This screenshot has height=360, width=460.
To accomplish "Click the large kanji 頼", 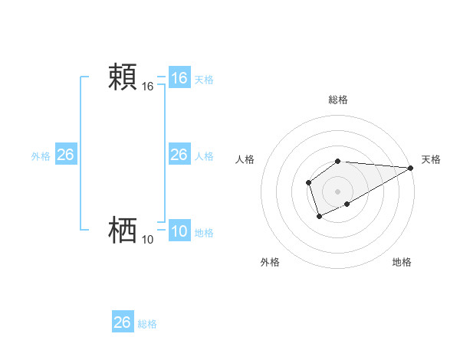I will point(123,78).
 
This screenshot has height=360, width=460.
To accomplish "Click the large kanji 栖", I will point(123,230).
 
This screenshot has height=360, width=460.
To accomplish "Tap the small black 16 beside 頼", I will point(148,87).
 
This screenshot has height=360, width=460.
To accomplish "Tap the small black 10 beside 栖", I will point(148,240).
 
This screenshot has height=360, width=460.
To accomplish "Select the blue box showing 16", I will point(179,78).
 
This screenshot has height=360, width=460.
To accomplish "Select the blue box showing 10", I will point(179,232).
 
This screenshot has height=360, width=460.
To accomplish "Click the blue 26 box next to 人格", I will point(179,155).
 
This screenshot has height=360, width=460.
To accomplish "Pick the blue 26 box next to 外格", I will point(65,155).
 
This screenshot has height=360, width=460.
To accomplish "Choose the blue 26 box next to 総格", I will point(123,322).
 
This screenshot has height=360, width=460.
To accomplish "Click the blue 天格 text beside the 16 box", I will point(204,80).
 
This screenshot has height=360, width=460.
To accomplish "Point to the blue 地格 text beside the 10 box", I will point(204,233).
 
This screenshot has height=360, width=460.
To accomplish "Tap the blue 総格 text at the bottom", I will point(147,324).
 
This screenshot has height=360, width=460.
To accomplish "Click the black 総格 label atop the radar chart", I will point(338,100).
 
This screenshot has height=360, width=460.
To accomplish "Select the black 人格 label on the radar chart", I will point(245,159).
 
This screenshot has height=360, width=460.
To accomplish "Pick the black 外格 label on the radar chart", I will point(270,262).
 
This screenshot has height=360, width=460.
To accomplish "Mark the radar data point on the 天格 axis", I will point(411,168).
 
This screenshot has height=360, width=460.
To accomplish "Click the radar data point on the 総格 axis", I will point(338,161).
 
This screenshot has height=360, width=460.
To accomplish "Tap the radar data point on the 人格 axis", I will point(308,182).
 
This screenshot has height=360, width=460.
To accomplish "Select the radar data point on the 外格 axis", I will point(319,217).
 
